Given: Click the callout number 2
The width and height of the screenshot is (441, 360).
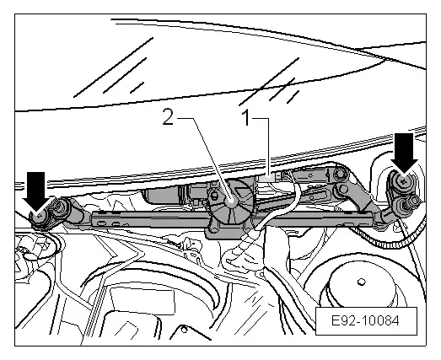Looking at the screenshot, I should pos(169,119).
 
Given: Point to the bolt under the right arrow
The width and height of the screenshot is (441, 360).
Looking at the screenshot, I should pos(404,180).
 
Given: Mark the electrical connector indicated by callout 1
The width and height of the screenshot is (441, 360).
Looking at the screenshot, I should pos(271,178).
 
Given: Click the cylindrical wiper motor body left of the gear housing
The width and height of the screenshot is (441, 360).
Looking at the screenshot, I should pos(177,196).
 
